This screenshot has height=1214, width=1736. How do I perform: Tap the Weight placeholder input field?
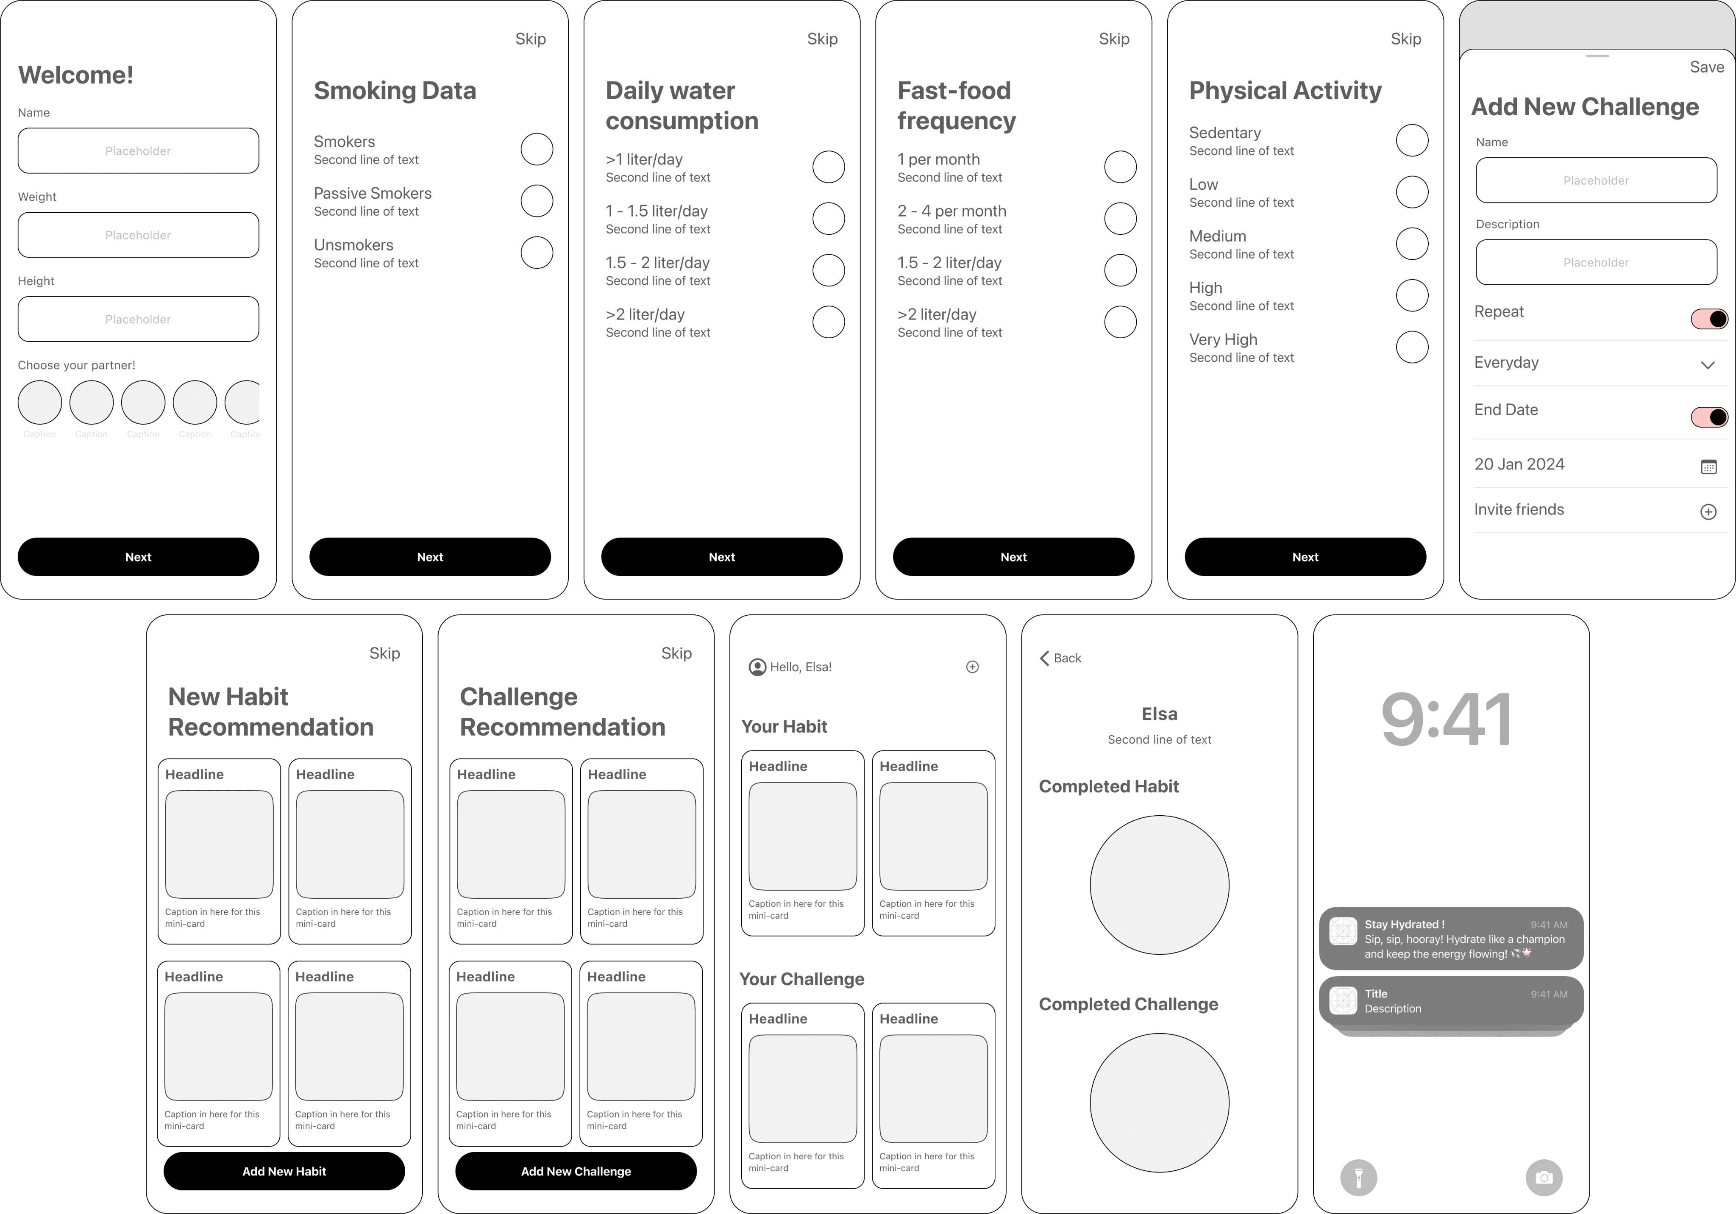(138, 235)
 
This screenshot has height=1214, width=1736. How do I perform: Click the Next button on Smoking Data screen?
(430, 557)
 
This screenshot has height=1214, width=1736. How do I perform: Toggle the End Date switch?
(1709, 417)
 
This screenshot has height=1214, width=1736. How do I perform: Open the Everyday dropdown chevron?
(1707, 365)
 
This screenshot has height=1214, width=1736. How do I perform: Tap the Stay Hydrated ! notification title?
(1404, 925)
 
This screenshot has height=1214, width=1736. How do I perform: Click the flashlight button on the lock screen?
(1359, 1178)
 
